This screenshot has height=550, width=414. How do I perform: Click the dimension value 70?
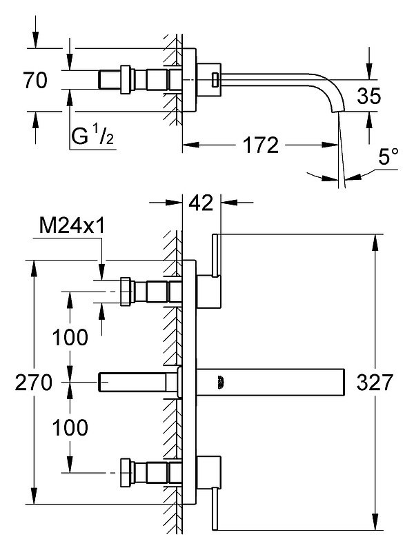[35, 80]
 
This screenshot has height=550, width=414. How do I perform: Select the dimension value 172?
[261, 145]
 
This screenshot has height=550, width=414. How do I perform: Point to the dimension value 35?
[368, 96]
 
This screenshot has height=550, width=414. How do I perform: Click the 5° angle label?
[388, 156]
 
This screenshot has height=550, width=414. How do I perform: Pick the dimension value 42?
[201, 203]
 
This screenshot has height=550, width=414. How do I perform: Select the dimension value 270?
[33, 382]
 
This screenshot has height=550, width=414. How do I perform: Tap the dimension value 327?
[374, 382]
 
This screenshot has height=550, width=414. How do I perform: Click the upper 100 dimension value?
[70, 337]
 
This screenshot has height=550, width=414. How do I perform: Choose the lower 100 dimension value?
[70, 427]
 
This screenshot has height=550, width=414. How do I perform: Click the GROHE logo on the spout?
[221, 382]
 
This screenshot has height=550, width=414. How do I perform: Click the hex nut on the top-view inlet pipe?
[126, 80]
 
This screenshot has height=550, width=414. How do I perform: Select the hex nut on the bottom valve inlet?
[126, 473]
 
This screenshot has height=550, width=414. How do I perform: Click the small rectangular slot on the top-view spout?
[215, 79]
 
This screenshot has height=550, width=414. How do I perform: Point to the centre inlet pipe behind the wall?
[139, 382]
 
